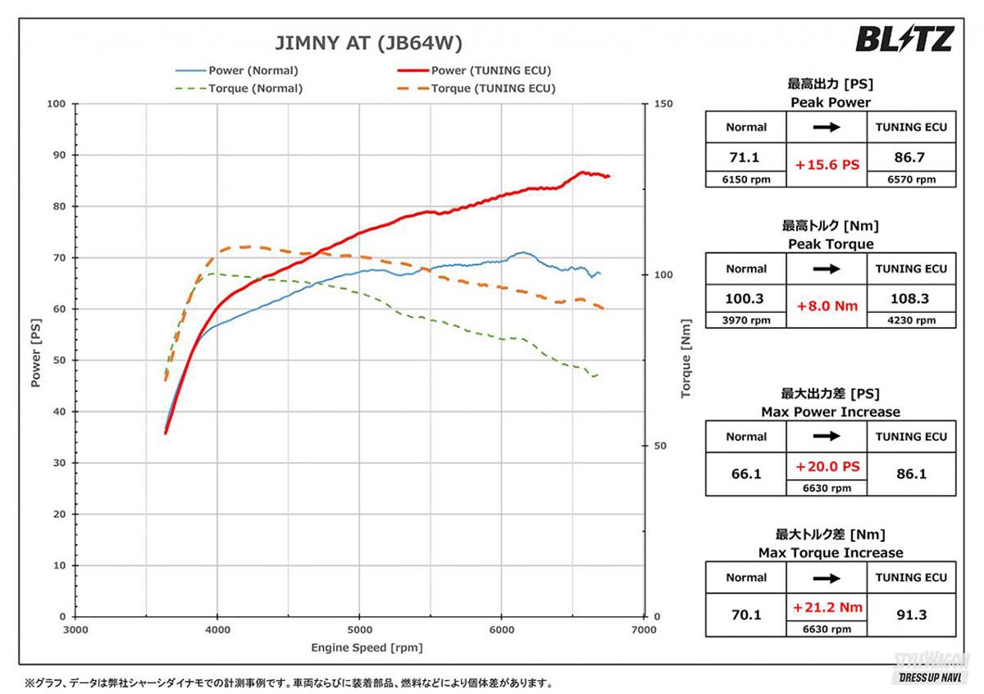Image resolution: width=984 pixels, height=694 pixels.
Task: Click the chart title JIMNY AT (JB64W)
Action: pyautogui.click(x=367, y=43)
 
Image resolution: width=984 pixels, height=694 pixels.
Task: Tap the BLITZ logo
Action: pyautogui.click(x=904, y=39)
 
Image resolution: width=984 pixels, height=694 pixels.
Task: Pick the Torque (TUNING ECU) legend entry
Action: pyautogui.click(x=493, y=88)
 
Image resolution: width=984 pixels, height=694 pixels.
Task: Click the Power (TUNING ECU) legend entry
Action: pyautogui.click(x=490, y=70)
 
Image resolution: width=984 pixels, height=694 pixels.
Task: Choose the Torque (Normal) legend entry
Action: pyautogui.click(x=255, y=88)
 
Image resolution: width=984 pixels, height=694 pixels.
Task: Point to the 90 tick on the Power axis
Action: pyautogui.click(x=57, y=155)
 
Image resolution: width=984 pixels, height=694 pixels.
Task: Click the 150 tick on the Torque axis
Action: pyautogui.click(x=663, y=104)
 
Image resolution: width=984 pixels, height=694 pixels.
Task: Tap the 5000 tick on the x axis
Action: pyautogui.click(x=359, y=630)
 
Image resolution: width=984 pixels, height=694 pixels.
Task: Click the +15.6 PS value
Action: pyautogui.click(x=827, y=165)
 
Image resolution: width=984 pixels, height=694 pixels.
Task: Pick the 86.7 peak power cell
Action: pyautogui.click(x=910, y=156)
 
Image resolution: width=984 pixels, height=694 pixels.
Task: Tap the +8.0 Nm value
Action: pyautogui.click(x=827, y=306)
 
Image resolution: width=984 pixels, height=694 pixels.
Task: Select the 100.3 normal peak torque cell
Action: pyautogui.click(x=745, y=298)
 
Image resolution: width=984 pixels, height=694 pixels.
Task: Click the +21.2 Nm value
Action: pyautogui.click(x=827, y=608)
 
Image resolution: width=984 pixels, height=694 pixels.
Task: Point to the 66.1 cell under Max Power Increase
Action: pyautogui.click(x=745, y=474)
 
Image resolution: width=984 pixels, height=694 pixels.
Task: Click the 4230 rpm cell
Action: pyautogui.click(x=910, y=320)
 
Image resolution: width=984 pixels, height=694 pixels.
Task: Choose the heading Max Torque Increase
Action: pyautogui.click(x=830, y=552)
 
